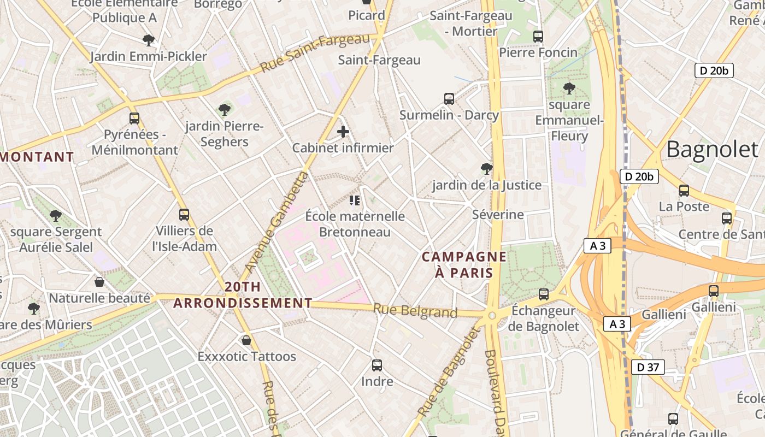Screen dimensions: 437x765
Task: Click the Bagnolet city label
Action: coord(712,149)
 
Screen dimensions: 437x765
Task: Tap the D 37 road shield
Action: coord(648,367)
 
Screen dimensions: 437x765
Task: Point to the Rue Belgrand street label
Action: coord(415,311)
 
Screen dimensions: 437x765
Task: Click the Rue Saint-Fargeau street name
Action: coord(315,53)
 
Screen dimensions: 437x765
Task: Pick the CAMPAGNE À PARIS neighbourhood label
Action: coord(464,264)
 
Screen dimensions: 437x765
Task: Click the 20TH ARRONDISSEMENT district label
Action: coord(243,295)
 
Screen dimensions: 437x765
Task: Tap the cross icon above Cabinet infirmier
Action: coord(343,132)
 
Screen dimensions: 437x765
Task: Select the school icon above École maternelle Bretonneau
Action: coord(355,200)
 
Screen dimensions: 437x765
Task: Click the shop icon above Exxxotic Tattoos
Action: coord(246,340)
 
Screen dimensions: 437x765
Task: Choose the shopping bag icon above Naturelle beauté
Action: coord(99,282)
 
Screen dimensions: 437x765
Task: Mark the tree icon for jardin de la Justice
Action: coord(486,169)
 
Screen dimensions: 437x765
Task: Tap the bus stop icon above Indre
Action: coord(377,365)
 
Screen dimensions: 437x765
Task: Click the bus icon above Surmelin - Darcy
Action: coord(449,99)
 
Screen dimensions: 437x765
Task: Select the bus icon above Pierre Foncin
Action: coord(538,37)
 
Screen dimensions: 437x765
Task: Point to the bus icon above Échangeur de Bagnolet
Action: coord(544,294)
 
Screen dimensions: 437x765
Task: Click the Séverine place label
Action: coord(498,214)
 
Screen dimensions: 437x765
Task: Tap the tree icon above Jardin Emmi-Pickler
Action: coord(148,40)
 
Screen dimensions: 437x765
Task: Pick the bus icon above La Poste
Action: coord(684,191)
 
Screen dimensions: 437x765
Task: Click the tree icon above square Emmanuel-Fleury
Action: coord(569,88)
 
